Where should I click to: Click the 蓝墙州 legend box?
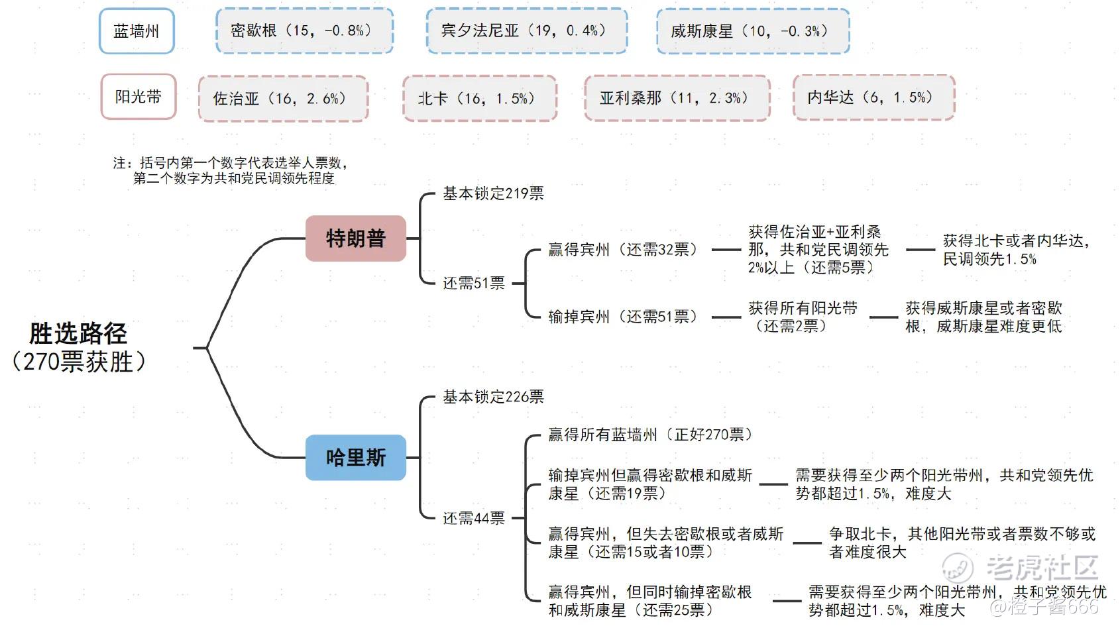point(137,31)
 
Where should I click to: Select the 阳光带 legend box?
point(139,97)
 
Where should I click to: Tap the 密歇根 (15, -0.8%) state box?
point(304,30)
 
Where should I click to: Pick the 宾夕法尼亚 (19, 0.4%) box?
point(527,30)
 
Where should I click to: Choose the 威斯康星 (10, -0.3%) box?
point(753,31)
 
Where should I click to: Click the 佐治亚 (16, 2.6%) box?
point(284,99)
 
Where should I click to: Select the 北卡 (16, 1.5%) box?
point(480,98)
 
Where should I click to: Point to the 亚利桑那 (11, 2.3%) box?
point(677,97)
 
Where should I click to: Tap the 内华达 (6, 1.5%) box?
point(874,97)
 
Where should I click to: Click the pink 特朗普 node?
point(355,238)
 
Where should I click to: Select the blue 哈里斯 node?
point(355,458)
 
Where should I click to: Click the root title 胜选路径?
point(78,333)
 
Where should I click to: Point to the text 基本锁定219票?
point(493,193)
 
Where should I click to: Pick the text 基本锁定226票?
point(493,397)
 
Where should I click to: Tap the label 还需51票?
point(473,284)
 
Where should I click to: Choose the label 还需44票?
point(473,518)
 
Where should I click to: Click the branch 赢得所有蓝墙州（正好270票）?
point(650,435)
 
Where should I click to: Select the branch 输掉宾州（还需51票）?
point(623,317)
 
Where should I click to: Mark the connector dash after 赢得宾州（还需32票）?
point(726,250)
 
